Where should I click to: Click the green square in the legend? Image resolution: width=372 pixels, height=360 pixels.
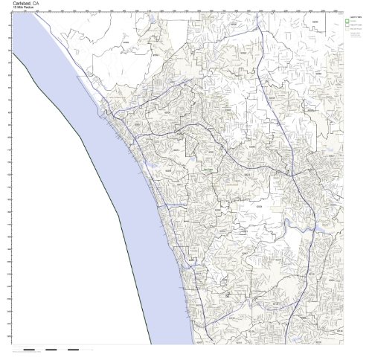[347, 21]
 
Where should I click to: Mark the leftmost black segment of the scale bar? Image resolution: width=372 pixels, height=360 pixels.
[29, 350]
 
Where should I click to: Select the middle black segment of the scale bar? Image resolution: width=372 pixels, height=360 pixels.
[51, 350]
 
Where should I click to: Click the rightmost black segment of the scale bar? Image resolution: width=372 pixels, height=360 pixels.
[73, 350]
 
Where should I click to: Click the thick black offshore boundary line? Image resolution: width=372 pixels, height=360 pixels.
[104, 186]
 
